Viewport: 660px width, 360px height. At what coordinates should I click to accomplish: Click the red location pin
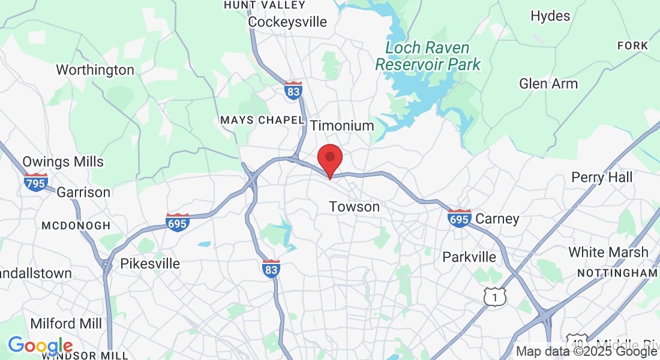329,159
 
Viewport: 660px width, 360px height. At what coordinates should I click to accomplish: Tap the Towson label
354,207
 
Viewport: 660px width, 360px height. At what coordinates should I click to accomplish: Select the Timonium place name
342,125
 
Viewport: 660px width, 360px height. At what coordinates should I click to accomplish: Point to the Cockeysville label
287,22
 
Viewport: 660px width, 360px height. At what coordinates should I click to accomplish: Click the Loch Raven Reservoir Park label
428,56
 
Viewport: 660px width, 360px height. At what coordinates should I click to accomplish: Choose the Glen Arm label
548,83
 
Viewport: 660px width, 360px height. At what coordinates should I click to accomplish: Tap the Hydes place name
550,16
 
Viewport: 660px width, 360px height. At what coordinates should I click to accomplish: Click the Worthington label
95,70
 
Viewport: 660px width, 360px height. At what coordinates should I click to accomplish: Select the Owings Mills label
63,161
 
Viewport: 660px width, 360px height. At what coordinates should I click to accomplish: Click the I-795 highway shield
36,182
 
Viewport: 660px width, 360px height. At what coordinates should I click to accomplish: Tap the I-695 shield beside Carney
459,219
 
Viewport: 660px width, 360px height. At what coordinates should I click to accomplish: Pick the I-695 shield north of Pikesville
178,223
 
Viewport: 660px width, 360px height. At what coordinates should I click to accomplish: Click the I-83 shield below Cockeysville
293,91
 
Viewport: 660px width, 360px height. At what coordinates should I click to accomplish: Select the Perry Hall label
602,177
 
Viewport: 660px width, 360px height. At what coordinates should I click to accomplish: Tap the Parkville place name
469,257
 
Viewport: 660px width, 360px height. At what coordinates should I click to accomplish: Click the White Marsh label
608,252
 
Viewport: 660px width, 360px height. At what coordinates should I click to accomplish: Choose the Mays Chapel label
262,120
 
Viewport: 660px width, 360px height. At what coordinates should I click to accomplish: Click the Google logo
40,346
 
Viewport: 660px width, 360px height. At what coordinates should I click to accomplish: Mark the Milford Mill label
66,323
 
